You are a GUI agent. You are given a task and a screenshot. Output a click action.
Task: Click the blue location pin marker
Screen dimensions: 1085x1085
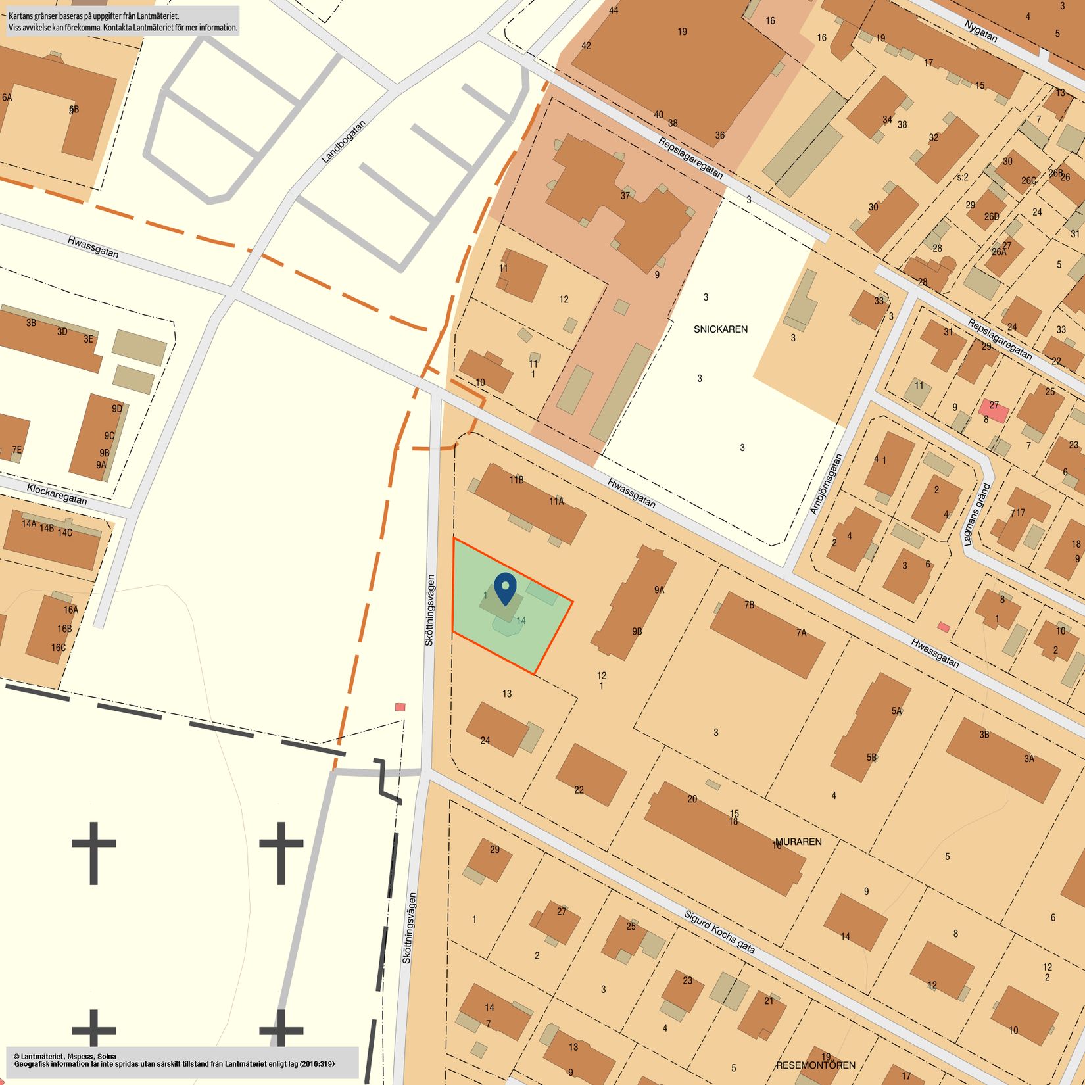(x=505, y=588)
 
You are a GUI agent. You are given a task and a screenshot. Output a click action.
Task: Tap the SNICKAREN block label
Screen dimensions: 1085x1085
(x=720, y=329)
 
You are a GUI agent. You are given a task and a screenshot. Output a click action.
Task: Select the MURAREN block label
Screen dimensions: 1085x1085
(x=798, y=842)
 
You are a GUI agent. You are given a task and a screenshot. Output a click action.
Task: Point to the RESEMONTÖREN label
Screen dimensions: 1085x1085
(x=815, y=1065)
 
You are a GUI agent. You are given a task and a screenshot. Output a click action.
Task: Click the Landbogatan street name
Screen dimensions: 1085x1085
(x=343, y=141)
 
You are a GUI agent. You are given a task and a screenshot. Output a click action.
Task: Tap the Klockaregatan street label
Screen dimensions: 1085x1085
(x=57, y=494)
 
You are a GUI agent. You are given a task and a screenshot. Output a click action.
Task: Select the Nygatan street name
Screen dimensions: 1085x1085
(x=981, y=30)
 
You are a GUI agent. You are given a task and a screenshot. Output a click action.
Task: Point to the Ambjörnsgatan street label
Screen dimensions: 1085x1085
(x=826, y=484)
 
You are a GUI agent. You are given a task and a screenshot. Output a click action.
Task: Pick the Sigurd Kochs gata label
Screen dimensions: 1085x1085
(x=719, y=932)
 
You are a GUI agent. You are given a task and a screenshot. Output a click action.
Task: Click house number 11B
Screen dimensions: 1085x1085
(x=516, y=480)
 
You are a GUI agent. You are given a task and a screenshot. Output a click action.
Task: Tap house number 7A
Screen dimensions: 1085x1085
(x=801, y=633)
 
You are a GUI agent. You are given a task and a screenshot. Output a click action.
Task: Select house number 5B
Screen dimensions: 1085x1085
(x=871, y=757)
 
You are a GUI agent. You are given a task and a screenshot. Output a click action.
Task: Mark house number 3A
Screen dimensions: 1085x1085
(x=1028, y=758)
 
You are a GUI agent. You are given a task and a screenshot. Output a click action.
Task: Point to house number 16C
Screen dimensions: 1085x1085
(x=59, y=648)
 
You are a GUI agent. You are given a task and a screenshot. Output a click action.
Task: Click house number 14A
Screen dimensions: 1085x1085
(x=29, y=524)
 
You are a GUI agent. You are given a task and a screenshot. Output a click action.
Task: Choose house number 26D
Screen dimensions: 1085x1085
(x=992, y=216)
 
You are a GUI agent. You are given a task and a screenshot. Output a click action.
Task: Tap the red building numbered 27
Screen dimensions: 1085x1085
(x=994, y=410)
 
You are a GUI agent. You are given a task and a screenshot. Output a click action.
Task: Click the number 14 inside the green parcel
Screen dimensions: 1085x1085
(x=521, y=620)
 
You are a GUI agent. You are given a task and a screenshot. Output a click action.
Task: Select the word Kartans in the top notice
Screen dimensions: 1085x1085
(x=22, y=15)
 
